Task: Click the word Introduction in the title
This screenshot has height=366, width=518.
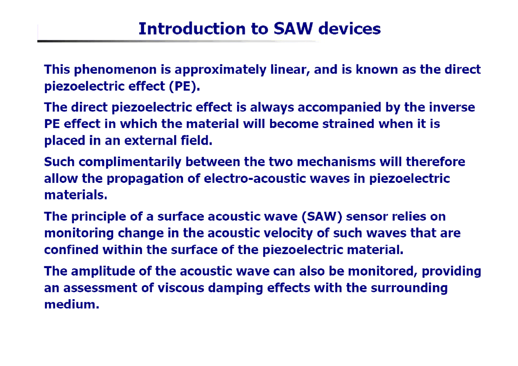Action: pos(192,29)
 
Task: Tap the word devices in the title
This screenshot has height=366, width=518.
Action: pos(349,29)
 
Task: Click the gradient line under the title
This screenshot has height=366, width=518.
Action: pos(178,41)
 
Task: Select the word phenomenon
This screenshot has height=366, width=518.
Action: pos(115,70)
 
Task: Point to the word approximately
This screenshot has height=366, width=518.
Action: pos(220,70)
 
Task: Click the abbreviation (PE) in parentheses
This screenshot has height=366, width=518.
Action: pos(184,86)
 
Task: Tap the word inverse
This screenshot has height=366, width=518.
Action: pos(452,107)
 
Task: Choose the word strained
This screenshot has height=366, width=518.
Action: pos(348,124)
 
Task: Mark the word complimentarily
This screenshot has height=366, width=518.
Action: pos(130,162)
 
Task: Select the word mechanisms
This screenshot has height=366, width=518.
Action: pos(336,162)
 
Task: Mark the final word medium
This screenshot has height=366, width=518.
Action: pos(72,304)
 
